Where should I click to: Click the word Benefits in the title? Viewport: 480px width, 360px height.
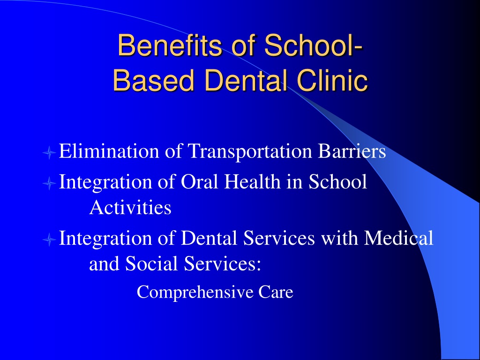pyautogui.click(x=169, y=45)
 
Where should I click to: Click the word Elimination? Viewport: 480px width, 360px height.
pyautogui.click(x=109, y=151)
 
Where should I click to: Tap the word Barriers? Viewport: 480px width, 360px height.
pyautogui.click(x=352, y=151)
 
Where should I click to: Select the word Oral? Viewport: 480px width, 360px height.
pyautogui.click(x=200, y=181)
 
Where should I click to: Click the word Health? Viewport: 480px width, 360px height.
pyautogui.click(x=252, y=181)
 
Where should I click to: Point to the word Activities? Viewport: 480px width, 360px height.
pyautogui.click(x=130, y=207)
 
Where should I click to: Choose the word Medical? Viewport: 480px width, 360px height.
pyautogui.click(x=398, y=238)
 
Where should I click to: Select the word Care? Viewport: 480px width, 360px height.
pyautogui.click(x=276, y=292)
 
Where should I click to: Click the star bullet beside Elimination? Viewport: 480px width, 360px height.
pyautogui.click(x=49, y=152)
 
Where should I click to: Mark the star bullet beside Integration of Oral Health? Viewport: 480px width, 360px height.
pyautogui.click(x=49, y=183)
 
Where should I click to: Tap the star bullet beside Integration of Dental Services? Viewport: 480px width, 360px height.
pyautogui.click(x=49, y=240)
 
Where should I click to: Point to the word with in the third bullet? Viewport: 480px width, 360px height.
pyautogui.click(x=339, y=238)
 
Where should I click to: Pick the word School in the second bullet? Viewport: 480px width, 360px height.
pyautogui.click(x=337, y=181)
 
